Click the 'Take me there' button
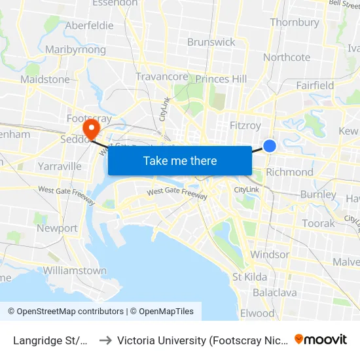tap(180, 160)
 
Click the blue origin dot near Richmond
tap(270, 146)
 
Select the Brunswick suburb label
tap(211, 42)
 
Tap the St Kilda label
tap(249, 277)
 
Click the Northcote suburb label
tap(287, 57)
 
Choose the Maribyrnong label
tap(75, 50)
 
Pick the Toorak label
tap(318, 223)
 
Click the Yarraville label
tap(60, 166)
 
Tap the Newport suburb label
tap(57, 228)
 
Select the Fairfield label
tap(315, 85)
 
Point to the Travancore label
tap(162, 77)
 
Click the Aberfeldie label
tap(90, 26)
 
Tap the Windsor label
tap(270, 254)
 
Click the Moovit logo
tap(321, 339)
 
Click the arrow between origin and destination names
tap(104, 340)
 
